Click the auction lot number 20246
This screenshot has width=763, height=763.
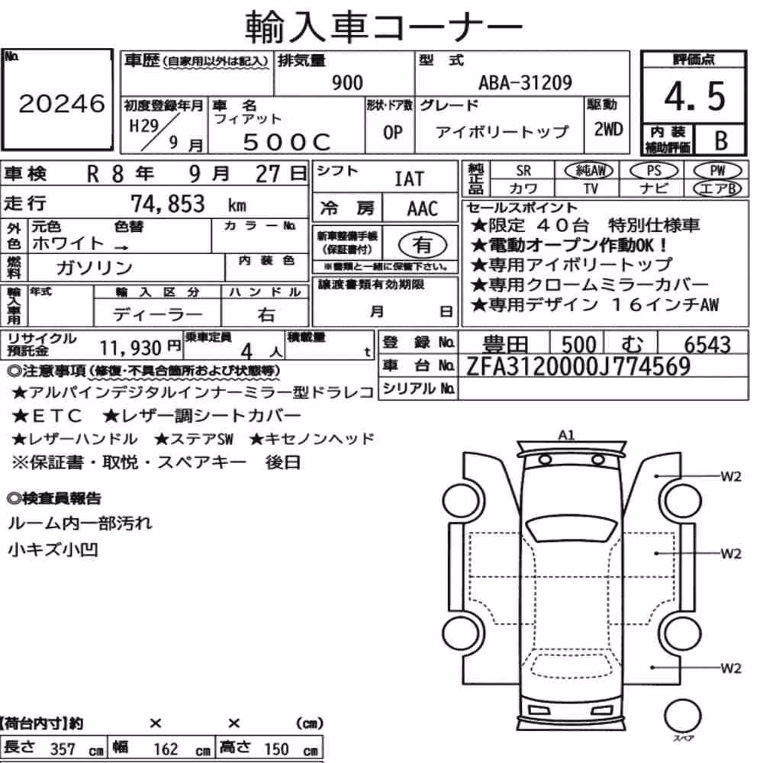click(x=62, y=103)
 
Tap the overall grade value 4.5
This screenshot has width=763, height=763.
click(x=694, y=96)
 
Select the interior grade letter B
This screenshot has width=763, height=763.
click(x=721, y=140)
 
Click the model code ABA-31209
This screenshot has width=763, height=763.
click(x=525, y=82)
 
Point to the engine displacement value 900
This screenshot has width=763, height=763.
click(x=347, y=83)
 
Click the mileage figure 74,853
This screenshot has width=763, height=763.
click(x=168, y=204)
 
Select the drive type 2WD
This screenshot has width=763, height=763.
click(x=608, y=130)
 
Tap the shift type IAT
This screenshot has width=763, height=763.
click(x=409, y=179)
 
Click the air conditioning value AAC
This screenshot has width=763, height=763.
click(x=423, y=209)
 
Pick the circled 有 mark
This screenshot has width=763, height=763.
click(x=422, y=245)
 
